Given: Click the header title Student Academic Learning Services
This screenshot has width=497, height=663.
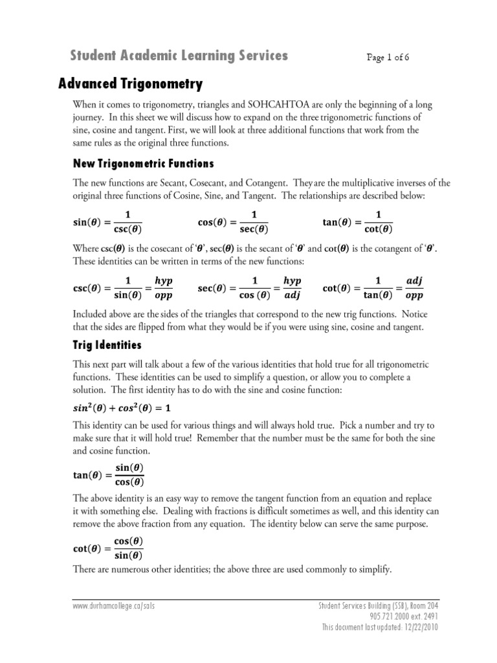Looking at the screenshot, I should [x=179, y=56].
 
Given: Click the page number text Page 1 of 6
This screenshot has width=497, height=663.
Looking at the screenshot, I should [x=388, y=57].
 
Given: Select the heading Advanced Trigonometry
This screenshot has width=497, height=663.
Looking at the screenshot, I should [x=131, y=84].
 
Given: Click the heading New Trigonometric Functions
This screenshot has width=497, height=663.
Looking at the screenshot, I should [x=143, y=163].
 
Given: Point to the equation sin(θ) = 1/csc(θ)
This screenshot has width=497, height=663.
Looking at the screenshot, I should [x=107, y=222].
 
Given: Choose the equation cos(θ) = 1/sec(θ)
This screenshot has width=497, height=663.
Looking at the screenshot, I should [x=234, y=222].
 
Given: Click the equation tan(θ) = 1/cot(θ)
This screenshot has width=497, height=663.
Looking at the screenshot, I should [x=358, y=222].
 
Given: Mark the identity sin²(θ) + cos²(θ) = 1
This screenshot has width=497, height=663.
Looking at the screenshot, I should [x=124, y=409].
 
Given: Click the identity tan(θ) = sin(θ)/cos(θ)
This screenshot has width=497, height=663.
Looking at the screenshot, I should [x=108, y=475].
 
